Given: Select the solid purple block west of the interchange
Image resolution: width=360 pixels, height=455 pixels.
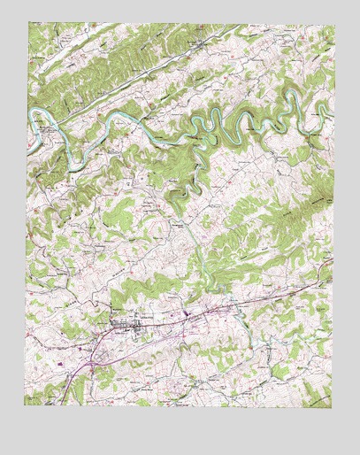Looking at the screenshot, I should pyautogui.click(x=60, y=363).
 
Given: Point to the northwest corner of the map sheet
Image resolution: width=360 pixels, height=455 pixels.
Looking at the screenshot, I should pyautogui.click(x=27, y=26).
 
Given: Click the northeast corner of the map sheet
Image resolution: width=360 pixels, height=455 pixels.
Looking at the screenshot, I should pyautogui.click(x=334, y=26).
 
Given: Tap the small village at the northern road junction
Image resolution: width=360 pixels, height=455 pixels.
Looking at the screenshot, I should pyautogui.click(x=202, y=42).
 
